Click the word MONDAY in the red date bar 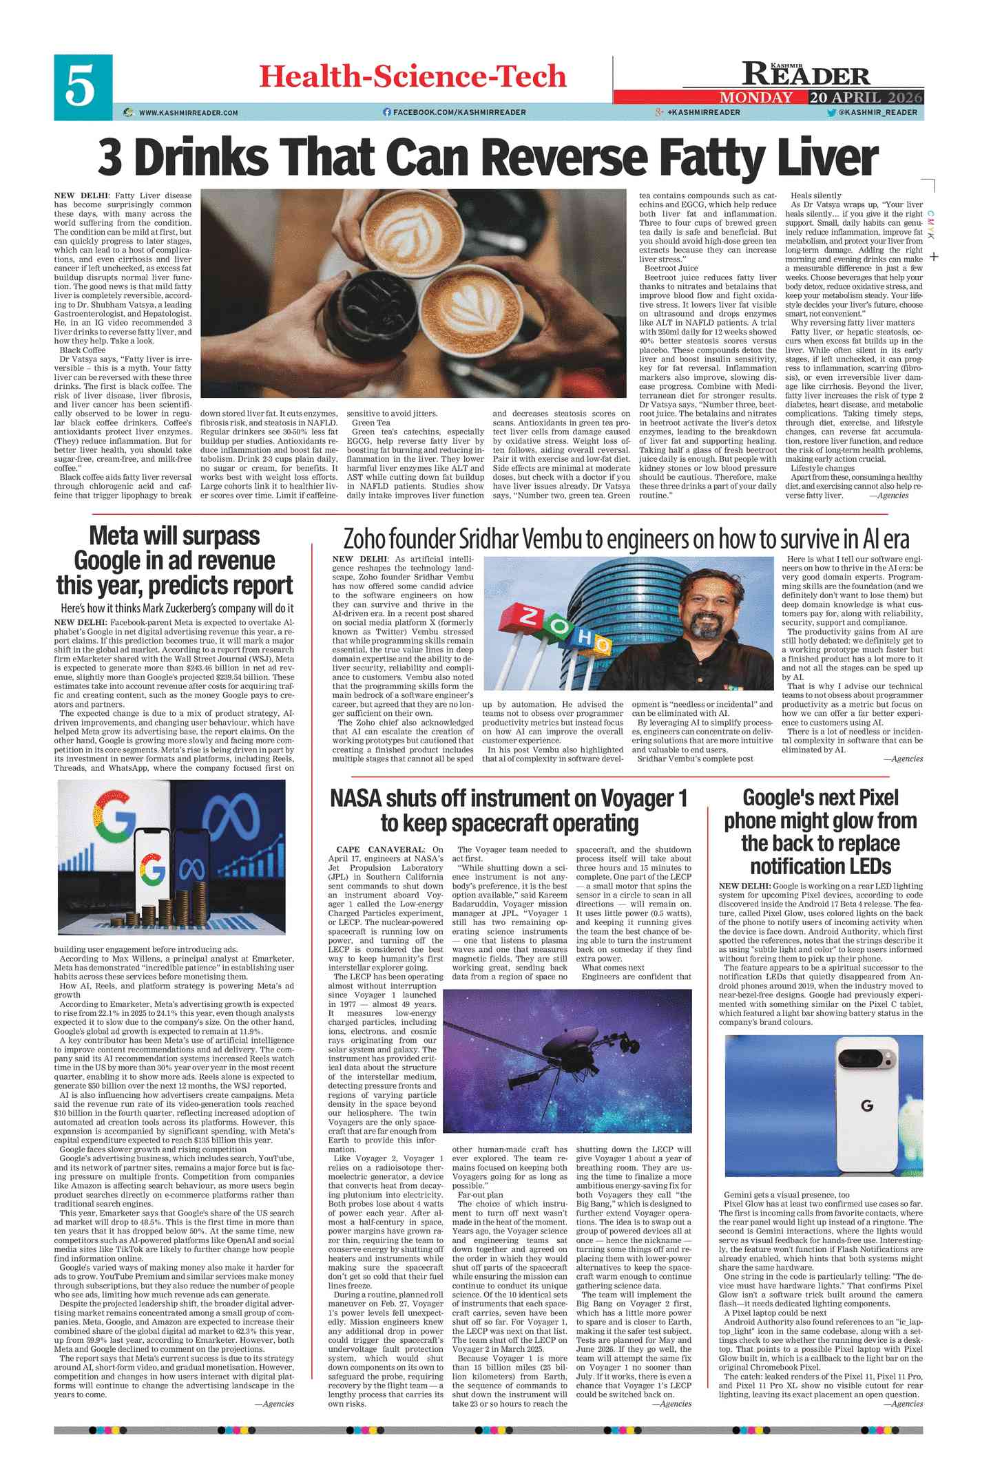tap(755, 97)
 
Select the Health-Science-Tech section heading tap(413, 76)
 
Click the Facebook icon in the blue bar tap(386, 112)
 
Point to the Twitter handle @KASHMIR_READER tap(877, 112)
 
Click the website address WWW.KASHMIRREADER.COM tap(188, 113)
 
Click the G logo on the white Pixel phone tap(866, 1105)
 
